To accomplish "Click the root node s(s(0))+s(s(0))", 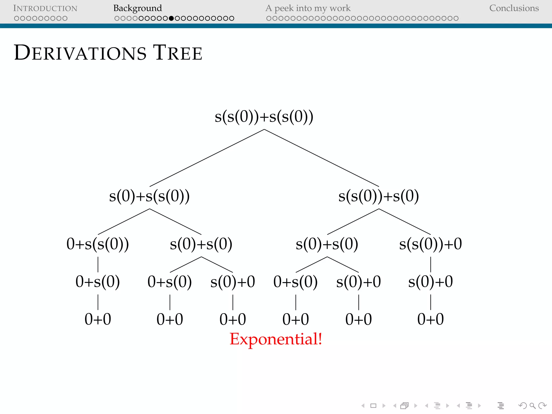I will [x=264, y=117].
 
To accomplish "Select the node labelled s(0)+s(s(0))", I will [x=149, y=196].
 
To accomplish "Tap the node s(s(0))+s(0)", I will [x=379, y=196].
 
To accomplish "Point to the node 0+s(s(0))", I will [x=98, y=244].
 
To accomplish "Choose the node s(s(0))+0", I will [x=430, y=244].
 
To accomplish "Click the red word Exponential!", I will [x=276, y=339].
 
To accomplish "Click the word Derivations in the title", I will [x=80, y=53].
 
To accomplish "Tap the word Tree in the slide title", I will [x=178, y=53].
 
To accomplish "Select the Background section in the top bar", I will [x=137, y=8].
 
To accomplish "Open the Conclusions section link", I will [x=514, y=8].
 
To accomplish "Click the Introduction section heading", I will [x=45, y=8].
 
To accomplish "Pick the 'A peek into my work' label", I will [x=308, y=8].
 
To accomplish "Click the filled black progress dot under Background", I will [x=171, y=18].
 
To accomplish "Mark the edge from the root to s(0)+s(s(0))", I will [x=207, y=158].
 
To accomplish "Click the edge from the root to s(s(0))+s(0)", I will [x=322, y=158].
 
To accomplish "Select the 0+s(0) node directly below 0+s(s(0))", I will [x=98, y=282].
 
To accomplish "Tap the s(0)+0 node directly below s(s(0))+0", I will [x=430, y=282].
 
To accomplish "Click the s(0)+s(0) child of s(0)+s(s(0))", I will [x=201, y=244].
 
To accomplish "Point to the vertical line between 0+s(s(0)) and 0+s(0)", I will [x=98, y=264].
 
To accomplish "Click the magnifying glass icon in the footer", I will [x=532, y=406].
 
